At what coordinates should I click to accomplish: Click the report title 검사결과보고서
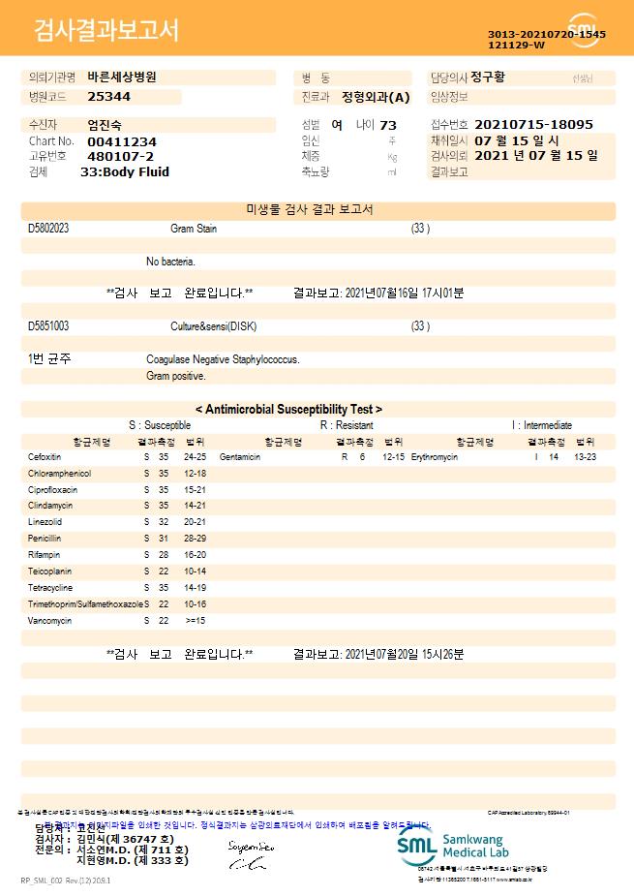click(x=106, y=31)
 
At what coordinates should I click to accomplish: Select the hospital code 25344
click(x=108, y=97)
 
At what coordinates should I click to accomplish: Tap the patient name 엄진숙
click(x=106, y=125)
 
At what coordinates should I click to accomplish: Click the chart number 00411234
click(x=121, y=141)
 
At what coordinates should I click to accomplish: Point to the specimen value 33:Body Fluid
click(x=125, y=172)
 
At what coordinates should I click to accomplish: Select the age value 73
click(x=388, y=125)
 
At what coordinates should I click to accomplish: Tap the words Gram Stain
click(x=194, y=229)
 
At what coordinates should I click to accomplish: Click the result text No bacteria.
click(x=170, y=262)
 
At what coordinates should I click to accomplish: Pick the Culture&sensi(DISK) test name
click(x=213, y=326)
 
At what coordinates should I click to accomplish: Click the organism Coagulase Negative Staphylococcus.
click(x=223, y=359)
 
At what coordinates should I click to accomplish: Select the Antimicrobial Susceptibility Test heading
click(x=288, y=410)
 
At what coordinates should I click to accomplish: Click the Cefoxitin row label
click(x=45, y=456)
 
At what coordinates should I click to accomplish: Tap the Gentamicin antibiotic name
click(x=240, y=456)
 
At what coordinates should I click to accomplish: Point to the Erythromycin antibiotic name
click(x=434, y=456)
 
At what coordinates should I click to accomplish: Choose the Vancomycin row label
click(x=49, y=621)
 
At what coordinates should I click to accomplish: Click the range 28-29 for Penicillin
click(x=195, y=539)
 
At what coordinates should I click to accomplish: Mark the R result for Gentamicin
click(x=345, y=456)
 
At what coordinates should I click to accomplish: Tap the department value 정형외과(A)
click(x=376, y=97)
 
